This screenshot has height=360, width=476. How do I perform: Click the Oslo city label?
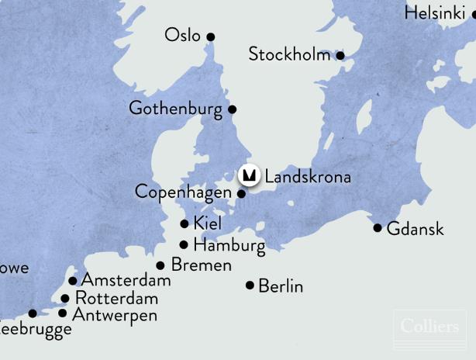(182, 36)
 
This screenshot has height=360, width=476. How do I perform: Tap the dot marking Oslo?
(210, 36)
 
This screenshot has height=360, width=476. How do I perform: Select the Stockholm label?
(289, 54)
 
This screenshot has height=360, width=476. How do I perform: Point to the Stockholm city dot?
(340, 55)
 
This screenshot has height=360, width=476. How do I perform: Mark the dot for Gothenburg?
(232, 109)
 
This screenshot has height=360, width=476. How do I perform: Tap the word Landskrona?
(308, 177)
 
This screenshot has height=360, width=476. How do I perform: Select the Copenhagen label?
(183, 192)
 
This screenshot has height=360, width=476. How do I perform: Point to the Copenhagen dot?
(241, 193)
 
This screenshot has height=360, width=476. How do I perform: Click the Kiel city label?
(208, 223)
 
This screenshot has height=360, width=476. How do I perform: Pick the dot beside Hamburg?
(184, 245)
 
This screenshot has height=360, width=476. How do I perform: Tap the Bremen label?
(201, 265)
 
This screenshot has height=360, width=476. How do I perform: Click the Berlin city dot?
(250, 286)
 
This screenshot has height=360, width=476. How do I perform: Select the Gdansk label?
(415, 229)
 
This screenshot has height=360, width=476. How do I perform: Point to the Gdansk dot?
(378, 228)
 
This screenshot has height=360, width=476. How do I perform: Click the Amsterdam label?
(126, 280)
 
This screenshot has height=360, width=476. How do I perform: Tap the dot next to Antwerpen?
(63, 313)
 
